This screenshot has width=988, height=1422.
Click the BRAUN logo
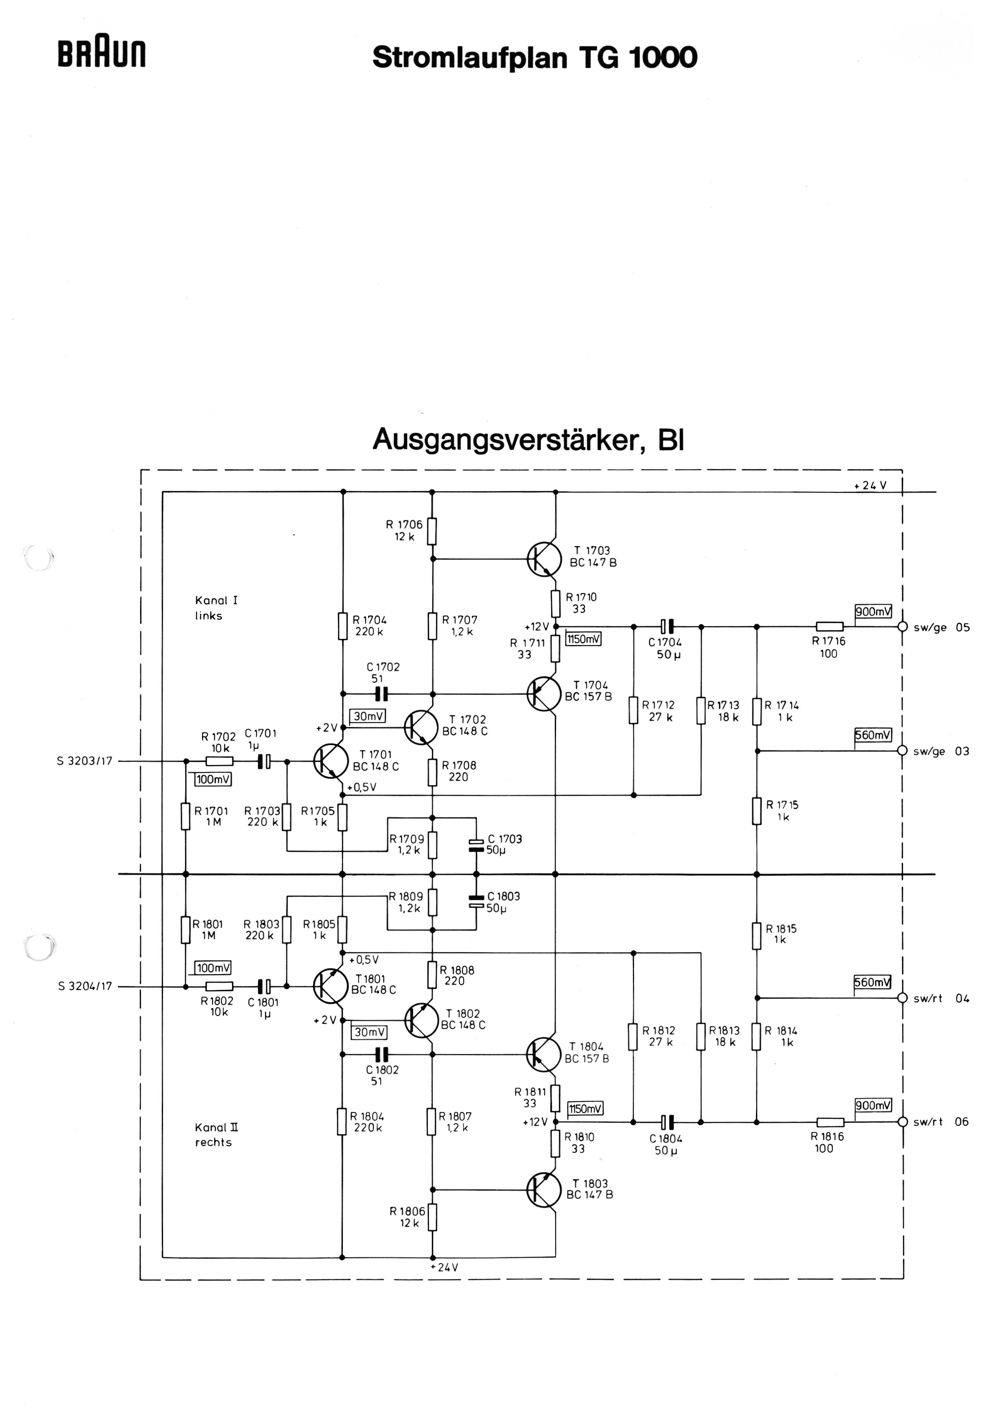point(102,54)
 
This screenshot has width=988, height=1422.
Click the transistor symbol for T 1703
point(544,559)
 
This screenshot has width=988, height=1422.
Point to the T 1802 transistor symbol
point(422,1021)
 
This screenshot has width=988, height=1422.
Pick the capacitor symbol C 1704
point(667,627)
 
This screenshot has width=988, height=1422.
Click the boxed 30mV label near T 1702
point(368,716)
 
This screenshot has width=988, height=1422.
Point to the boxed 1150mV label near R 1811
point(586,1108)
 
